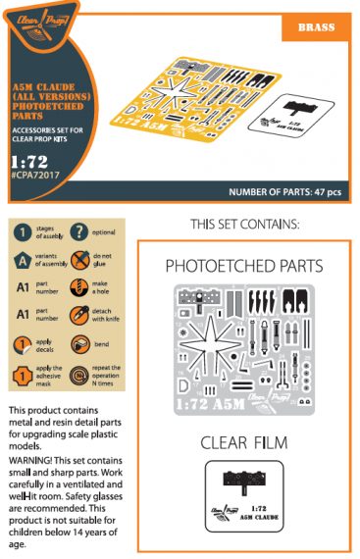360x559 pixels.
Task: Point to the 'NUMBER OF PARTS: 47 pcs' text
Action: tap(284, 191)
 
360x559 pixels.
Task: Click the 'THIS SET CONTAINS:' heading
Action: tap(245, 224)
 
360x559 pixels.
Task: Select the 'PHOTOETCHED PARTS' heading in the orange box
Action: tap(244, 267)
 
